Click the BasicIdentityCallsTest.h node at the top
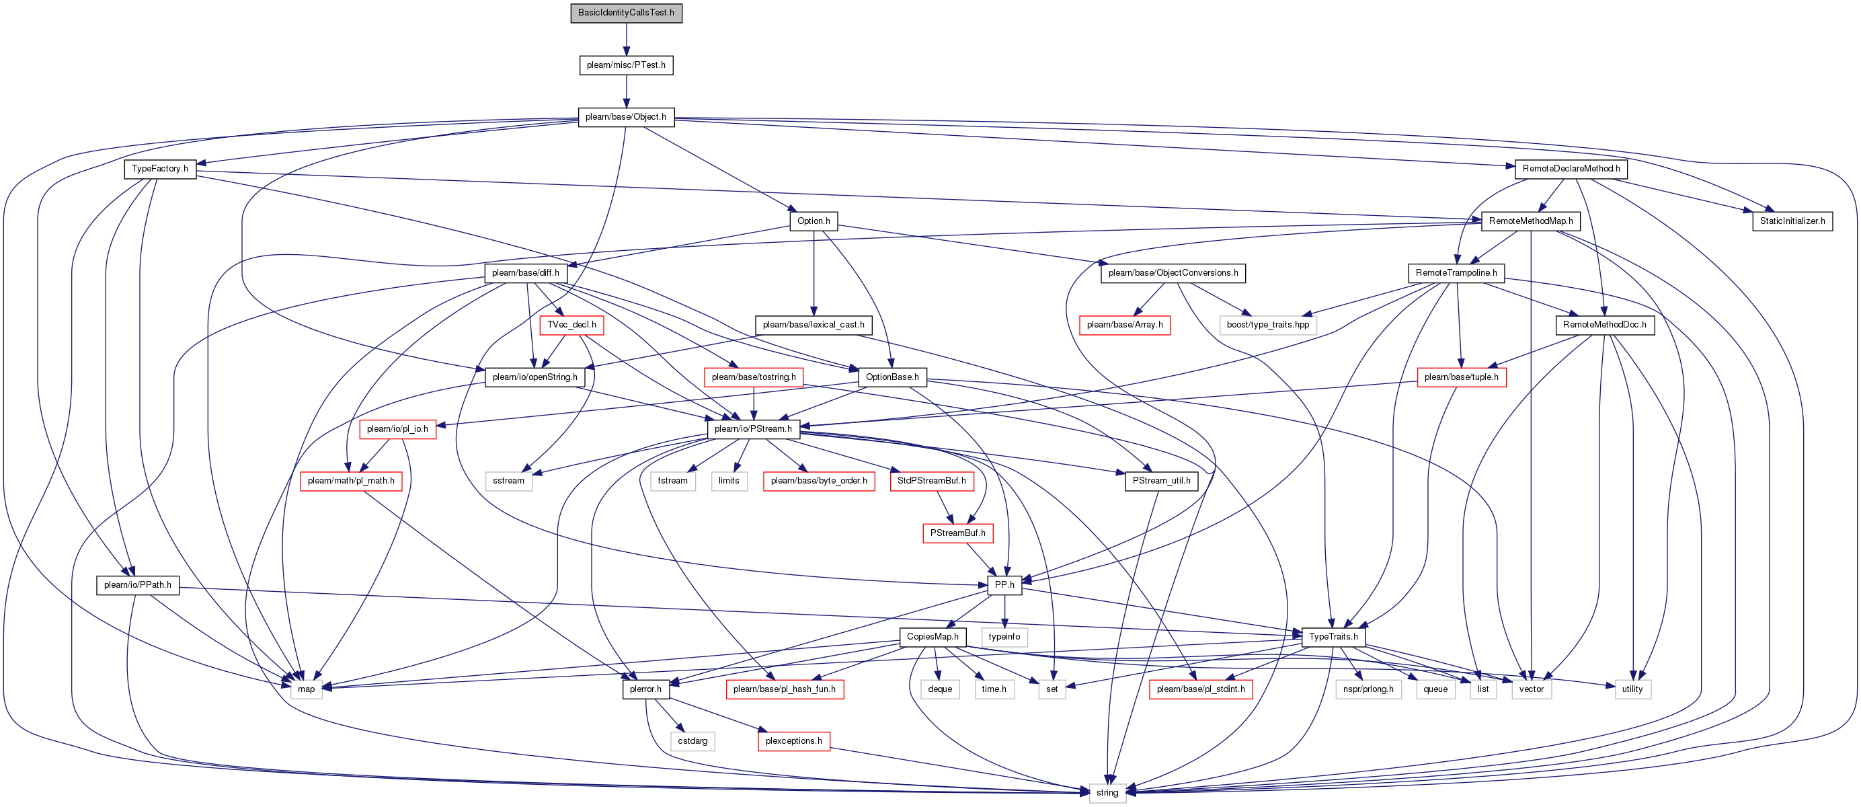tap(626, 13)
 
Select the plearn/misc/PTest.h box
tap(626, 65)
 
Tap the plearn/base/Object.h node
tap(626, 117)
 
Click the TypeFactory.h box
tap(159, 169)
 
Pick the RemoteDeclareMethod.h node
tap(1571, 169)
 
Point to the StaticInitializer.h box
tap(1792, 221)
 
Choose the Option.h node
tap(814, 221)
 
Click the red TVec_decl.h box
tap(571, 325)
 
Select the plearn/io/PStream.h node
tap(753, 429)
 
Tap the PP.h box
tap(1004, 585)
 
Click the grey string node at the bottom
tap(1107, 794)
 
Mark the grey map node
tap(307, 689)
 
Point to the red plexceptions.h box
tap(793, 741)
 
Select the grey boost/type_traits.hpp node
tap(1267, 325)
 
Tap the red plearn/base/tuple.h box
tap(1462, 377)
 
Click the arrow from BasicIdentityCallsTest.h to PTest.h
tap(626, 39)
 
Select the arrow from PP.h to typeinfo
tap(1004, 611)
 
